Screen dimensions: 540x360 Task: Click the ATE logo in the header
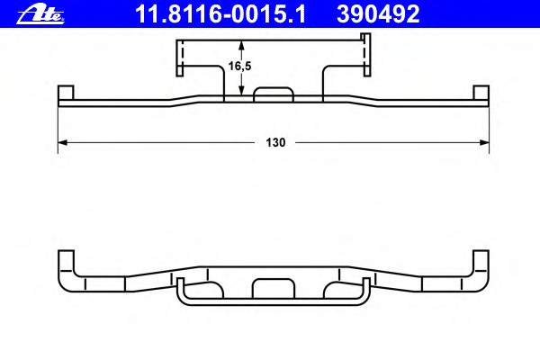pos(40,14)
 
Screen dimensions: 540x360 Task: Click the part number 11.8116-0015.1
pos(220,14)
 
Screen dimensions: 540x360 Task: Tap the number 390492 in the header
pos(378,14)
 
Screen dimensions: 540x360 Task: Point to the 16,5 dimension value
pos(240,66)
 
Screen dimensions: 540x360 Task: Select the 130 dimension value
pos(275,142)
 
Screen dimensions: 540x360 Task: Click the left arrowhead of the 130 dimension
pos(62,142)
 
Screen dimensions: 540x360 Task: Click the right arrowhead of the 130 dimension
pos(484,142)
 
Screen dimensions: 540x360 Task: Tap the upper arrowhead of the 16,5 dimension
pos(242,45)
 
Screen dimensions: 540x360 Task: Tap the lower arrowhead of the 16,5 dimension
pos(242,91)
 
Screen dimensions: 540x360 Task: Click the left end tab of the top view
pos(66,93)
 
